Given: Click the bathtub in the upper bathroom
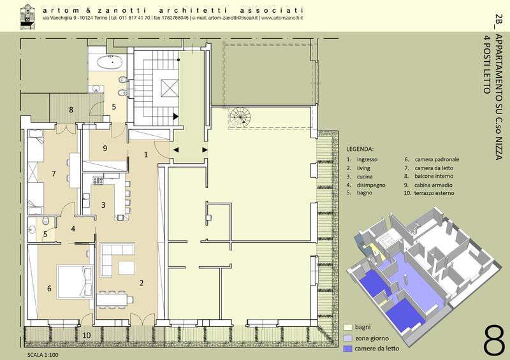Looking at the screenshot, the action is tap(110, 61).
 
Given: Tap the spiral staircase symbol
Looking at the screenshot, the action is tap(240, 117).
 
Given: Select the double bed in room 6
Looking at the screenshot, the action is tap(75, 282).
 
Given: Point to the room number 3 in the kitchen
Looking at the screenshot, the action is tap(103, 205).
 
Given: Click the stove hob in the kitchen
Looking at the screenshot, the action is tap(98, 180).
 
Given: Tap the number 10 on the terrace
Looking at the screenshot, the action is tap(87, 335).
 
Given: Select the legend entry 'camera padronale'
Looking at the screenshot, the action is tap(437, 159).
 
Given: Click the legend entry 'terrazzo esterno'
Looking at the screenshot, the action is tap(434, 193).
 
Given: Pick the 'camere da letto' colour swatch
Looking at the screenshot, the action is tap(347, 349).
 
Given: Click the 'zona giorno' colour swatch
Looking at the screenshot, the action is tap(347, 338).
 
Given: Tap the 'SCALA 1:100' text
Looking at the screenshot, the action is tap(43, 355).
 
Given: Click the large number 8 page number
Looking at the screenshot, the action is tap(493, 340).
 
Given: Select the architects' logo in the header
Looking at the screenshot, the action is tap(27, 17).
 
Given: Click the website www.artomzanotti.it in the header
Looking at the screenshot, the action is tap(282, 18).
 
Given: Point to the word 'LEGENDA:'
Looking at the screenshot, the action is tap(360, 149).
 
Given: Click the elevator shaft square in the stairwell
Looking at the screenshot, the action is tap(170, 87).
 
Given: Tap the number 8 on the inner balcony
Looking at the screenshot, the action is tap(71, 110).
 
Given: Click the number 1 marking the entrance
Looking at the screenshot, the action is tap(146, 154).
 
